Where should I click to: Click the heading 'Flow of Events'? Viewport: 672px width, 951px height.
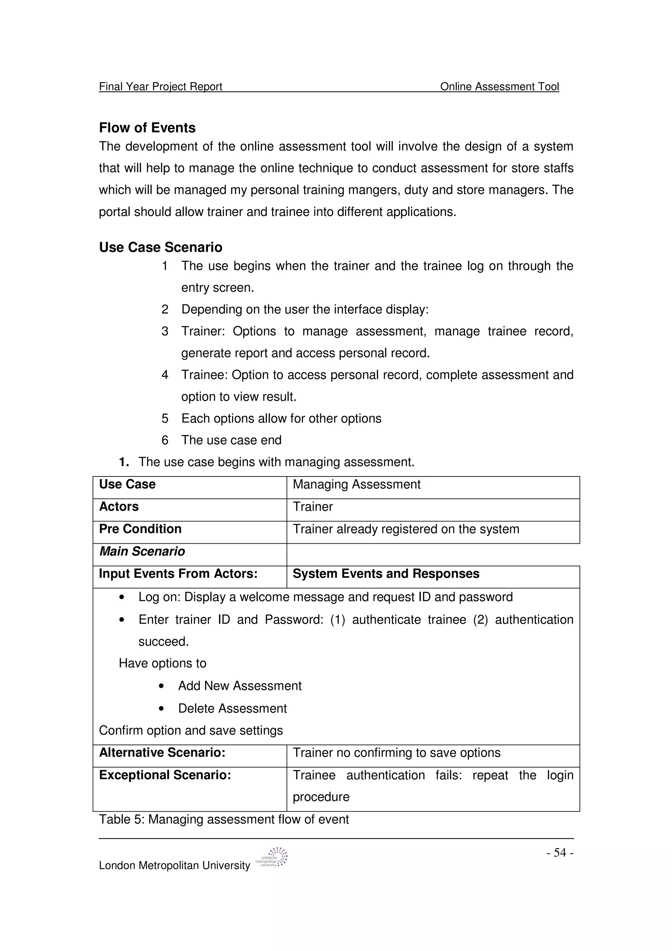pos(147,128)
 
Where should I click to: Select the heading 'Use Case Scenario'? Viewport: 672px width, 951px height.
pos(161,247)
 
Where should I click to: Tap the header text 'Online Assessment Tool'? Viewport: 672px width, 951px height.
pos(499,87)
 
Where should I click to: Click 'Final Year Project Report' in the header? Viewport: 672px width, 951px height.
pos(161,87)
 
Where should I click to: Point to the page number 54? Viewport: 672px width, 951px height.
pos(560,853)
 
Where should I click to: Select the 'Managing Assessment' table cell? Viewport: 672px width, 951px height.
pos(356,484)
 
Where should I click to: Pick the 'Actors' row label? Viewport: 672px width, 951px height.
pos(119,507)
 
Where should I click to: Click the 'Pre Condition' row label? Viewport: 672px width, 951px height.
pos(140,529)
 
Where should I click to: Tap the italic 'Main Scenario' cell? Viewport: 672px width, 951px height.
pos(142,551)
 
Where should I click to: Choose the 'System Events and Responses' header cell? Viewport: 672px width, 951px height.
pos(386,574)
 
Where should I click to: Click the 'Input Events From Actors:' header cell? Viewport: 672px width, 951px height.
pos(178,574)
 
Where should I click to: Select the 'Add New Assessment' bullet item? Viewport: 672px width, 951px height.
pos(240,686)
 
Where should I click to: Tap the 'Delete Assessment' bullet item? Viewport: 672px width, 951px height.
pos(232,708)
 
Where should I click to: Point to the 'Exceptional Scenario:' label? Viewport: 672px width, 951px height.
pos(165,775)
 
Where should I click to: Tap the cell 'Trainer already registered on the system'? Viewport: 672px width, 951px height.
pos(406,529)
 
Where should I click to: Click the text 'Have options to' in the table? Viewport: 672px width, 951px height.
pos(162,663)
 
